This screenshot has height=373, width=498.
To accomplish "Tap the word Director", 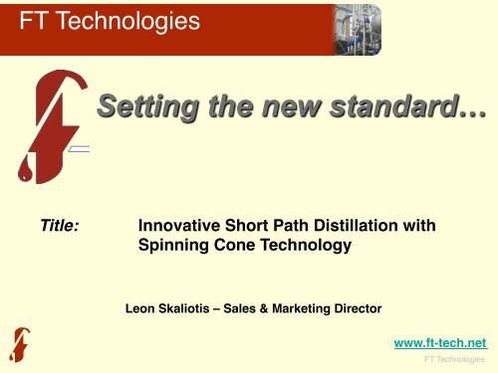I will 353,308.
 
